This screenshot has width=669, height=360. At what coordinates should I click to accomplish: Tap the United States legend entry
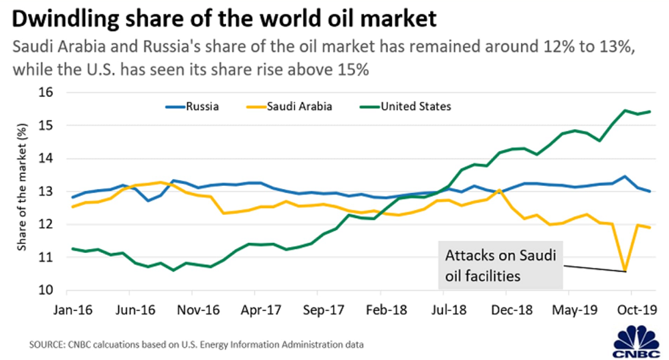(x=415, y=106)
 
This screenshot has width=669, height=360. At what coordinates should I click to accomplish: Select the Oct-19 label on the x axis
(x=631, y=310)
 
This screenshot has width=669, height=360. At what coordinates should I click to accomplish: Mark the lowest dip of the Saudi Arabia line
(x=625, y=271)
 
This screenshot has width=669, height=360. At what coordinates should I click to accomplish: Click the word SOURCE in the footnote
(x=45, y=345)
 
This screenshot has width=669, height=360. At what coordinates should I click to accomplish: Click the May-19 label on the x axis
(x=569, y=310)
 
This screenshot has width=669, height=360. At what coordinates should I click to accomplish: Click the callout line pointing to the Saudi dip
(x=592, y=268)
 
